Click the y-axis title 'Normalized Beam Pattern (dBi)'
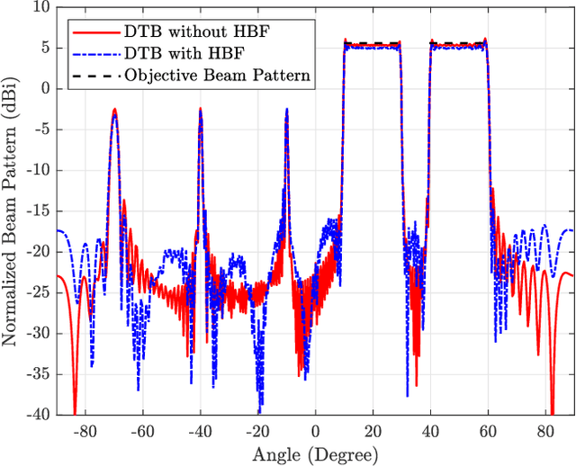point(13,211)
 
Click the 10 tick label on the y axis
point(41,8)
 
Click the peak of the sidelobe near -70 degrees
point(114,109)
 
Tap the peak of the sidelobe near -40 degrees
point(200,111)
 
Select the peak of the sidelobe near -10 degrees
point(286,109)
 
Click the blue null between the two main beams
point(408,394)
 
